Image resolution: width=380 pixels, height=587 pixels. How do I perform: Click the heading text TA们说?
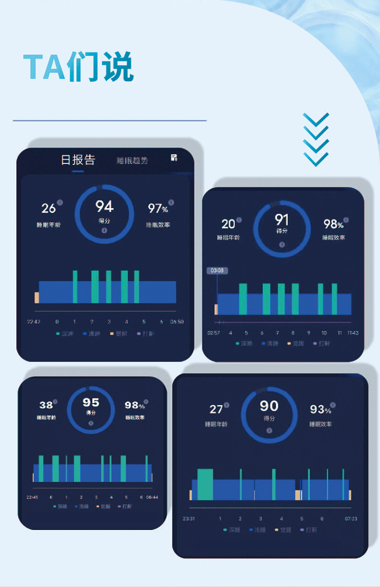79,67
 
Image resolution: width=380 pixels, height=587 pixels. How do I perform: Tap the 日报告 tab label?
78,160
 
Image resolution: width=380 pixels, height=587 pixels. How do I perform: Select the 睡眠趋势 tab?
132,161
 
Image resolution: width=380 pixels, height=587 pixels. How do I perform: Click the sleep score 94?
104,206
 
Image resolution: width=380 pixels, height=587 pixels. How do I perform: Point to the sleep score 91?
282,220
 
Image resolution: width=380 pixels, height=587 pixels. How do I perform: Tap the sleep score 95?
91,403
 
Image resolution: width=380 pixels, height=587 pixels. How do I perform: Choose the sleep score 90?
269,406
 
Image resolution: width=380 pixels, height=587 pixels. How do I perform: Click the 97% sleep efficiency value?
158,208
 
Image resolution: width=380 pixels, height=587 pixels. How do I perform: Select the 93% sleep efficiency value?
320,409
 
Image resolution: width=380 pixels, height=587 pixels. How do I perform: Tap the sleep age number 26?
49,208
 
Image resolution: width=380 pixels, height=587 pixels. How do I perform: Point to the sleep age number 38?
46,405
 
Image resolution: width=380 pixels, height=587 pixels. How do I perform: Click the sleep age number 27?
216,409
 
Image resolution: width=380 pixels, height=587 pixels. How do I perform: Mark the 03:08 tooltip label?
217,270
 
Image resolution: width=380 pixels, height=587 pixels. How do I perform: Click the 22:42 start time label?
33,322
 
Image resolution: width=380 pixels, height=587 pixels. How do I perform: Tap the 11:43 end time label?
353,332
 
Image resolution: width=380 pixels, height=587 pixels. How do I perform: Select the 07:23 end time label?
351,519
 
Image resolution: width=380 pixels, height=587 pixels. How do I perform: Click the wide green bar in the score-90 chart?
205,484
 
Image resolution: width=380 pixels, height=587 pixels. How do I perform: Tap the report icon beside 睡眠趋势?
174,157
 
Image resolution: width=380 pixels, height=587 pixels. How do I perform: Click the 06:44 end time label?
152,497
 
